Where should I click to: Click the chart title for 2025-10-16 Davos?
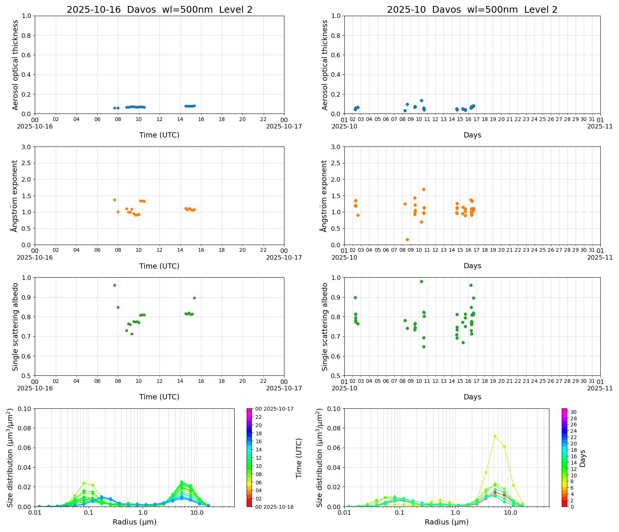(159, 10)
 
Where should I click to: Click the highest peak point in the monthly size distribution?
(495, 436)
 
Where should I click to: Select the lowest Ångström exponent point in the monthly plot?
(407, 239)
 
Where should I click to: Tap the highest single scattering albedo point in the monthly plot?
(421, 281)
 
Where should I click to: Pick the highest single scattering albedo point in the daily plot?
(115, 285)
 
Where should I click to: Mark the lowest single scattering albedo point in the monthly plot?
(424, 347)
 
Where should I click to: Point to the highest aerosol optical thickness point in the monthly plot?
(421, 100)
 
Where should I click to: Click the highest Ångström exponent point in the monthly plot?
(424, 189)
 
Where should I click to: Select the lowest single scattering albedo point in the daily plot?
(132, 334)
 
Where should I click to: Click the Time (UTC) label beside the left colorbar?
(299, 458)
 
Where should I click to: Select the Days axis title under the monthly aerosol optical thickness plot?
(472, 135)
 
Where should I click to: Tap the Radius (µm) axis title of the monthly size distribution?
(446, 522)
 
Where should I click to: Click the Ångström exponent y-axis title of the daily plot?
(15, 196)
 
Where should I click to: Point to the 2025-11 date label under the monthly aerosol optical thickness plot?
(600, 127)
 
